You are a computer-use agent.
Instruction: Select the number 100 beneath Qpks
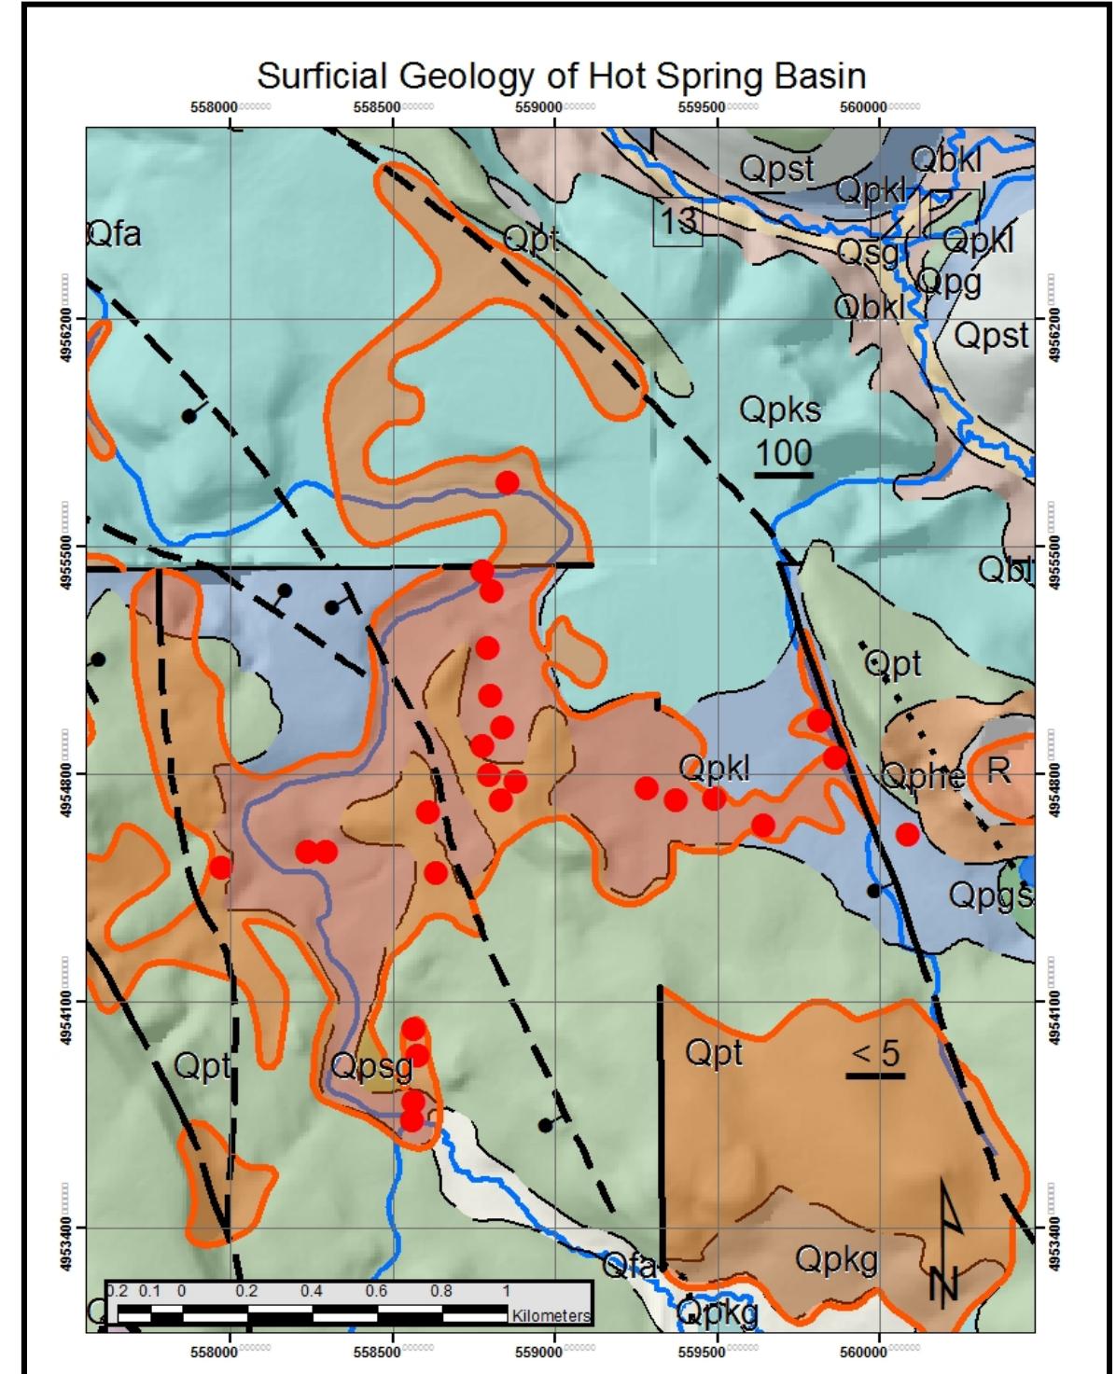[783, 452]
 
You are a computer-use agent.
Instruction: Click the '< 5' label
[875, 1053]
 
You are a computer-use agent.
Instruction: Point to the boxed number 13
[677, 221]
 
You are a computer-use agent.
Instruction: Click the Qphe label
[923, 776]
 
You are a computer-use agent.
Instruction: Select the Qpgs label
[990, 895]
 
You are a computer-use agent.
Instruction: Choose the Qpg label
[949, 282]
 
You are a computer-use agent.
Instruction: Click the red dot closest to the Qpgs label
[907, 835]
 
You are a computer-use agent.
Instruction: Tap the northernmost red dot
[507, 482]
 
